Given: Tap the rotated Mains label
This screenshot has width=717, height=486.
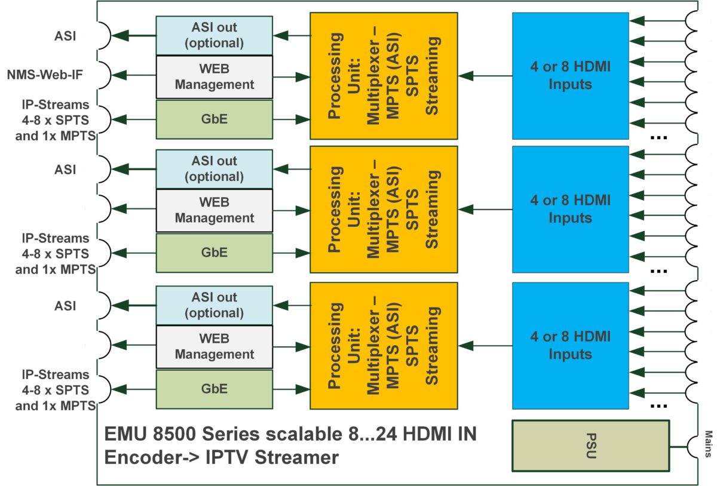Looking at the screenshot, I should pyautogui.click(x=707, y=444).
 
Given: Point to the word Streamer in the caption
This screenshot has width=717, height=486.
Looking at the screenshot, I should pyautogui.click(x=293, y=458).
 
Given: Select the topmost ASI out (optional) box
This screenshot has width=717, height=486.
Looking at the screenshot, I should pyautogui.click(x=214, y=35).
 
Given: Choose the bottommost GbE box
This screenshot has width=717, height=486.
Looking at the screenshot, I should pyautogui.click(x=214, y=388).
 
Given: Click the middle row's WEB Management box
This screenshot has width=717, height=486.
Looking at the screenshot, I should pyautogui.click(x=214, y=210).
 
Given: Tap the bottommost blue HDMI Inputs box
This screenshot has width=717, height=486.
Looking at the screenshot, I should pyautogui.click(x=570, y=346).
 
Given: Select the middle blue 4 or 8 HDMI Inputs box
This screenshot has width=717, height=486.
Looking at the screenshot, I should pyautogui.click(x=570, y=209).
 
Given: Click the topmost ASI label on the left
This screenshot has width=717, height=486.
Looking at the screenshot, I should pyautogui.click(x=65, y=35).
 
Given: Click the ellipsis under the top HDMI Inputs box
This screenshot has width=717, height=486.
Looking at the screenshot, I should pyautogui.click(x=658, y=137).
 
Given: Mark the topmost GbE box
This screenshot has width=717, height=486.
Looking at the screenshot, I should pyautogui.click(x=214, y=119).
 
